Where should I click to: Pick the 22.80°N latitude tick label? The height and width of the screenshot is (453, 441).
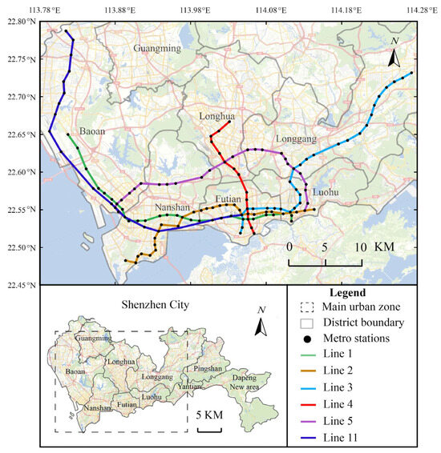click(x=20, y=22)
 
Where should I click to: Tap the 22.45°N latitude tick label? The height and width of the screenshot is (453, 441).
click(x=20, y=284)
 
